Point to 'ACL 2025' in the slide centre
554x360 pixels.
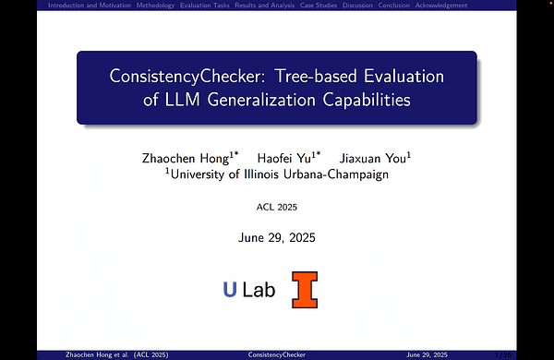277,209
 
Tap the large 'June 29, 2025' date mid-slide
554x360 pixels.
277,238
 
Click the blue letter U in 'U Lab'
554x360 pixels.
230,290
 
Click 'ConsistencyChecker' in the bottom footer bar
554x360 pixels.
278,354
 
